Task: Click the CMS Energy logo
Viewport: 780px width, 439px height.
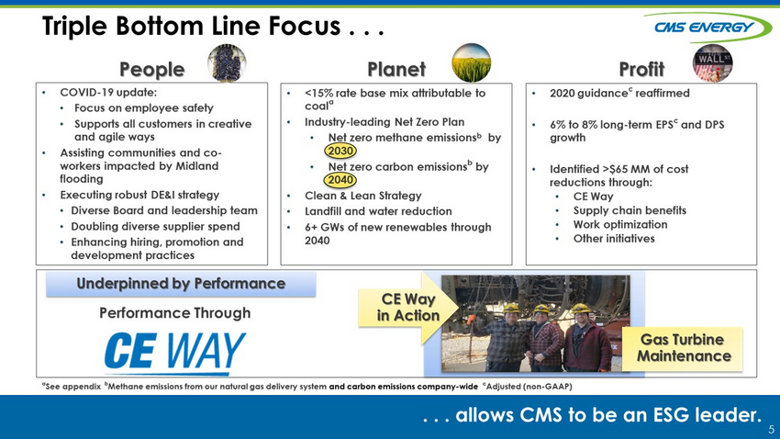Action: click(708, 27)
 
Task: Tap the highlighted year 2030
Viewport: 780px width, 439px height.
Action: click(340, 151)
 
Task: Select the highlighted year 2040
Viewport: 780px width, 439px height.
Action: click(340, 180)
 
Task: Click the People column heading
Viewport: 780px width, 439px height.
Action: click(151, 69)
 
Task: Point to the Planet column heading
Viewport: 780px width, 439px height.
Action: click(396, 69)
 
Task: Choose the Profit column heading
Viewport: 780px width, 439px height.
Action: click(641, 69)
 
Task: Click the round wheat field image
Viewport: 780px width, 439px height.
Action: click(471, 62)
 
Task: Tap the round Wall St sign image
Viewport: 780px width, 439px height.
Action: click(712, 63)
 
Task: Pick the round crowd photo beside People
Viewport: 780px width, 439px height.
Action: click(227, 62)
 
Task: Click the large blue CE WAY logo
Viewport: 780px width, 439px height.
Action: click(175, 353)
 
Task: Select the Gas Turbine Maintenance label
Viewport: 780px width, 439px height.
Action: click(684, 348)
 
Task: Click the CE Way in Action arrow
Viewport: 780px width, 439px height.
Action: click(408, 308)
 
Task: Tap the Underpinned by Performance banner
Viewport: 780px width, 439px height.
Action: click(181, 284)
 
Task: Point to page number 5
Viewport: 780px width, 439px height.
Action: click(771, 430)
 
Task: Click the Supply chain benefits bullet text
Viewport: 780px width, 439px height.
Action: click(630, 210)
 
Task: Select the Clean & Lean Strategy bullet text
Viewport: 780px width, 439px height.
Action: click(363, 196)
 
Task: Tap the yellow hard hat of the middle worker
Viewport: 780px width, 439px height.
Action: click(540, 310)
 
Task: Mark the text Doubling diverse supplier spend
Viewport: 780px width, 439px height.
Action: click(155, 227)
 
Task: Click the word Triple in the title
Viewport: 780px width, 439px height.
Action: click(74, 26)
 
